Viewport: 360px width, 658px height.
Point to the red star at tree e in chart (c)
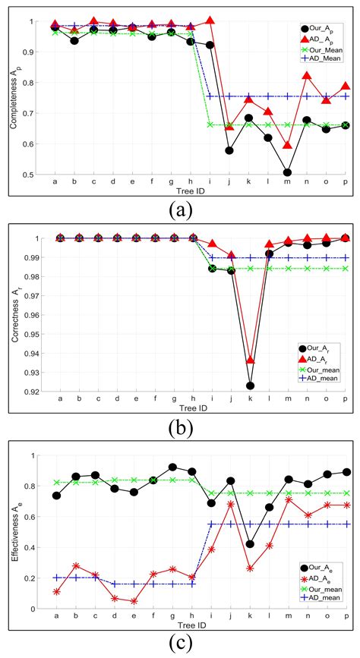point(134,601)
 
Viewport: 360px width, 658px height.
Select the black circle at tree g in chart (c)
point(172,468)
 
